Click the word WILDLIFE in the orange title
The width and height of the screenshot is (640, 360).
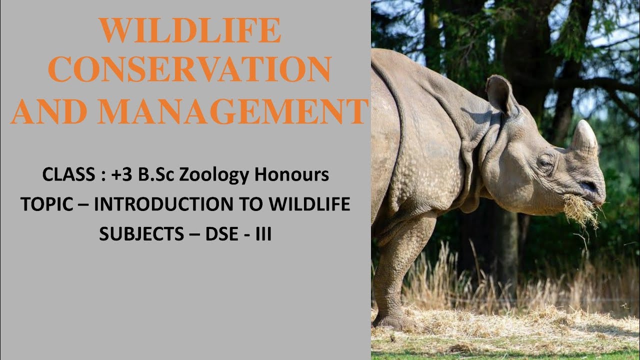tap(189, 31)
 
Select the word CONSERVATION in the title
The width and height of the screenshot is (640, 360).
tap(189, 70)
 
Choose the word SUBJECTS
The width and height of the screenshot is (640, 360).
tap(141, 234)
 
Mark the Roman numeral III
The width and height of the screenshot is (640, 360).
tap(263, 234)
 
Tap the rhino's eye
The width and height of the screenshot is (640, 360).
tap(544, 163)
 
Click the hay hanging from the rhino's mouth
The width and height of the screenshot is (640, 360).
tap(581, 210)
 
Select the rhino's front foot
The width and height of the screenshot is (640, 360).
tap(395, 320)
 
